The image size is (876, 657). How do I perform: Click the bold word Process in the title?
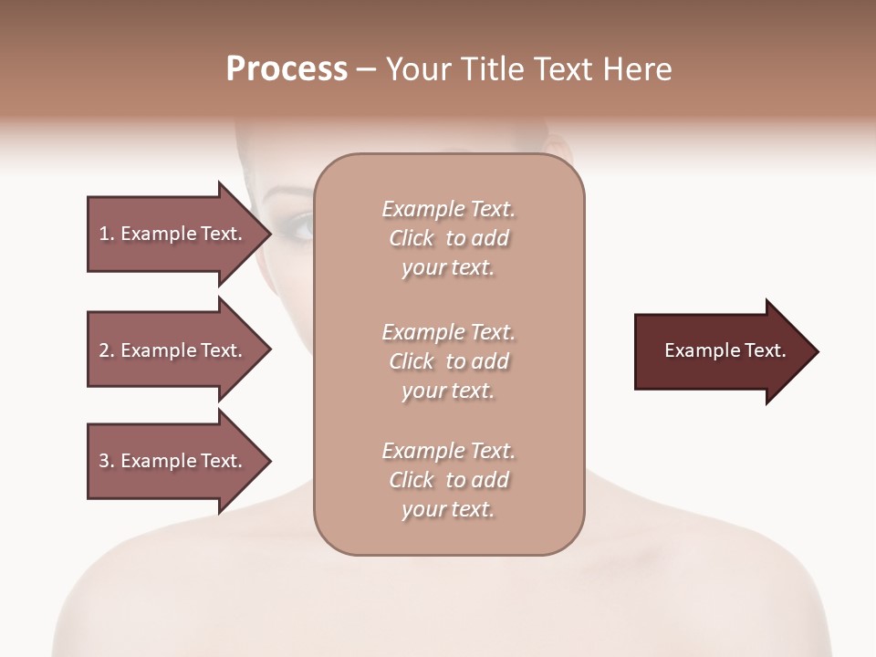point(287,69)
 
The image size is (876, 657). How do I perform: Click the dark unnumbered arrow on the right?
point(721,350)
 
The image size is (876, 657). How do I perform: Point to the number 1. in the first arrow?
point(106,234)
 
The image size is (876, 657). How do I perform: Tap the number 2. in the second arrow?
point(106,350)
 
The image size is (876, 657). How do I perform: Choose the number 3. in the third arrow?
point(106,461)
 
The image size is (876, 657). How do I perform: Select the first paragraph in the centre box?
point(448,238)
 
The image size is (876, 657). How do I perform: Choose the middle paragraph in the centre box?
point(448,360)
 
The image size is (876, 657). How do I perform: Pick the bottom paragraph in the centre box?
point(448,480)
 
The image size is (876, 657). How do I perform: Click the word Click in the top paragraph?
point(411,238)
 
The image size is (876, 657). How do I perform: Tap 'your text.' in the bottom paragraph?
point(448,509)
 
